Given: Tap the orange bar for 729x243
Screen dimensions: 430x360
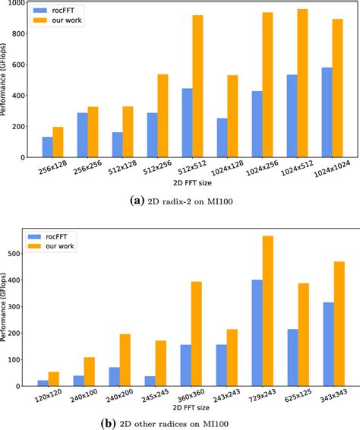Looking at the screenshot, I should [267, 311].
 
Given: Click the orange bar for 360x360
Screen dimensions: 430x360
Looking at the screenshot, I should [197, 334].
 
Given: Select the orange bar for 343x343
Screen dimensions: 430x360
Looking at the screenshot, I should [339, 324].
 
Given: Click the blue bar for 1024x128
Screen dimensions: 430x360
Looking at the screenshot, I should [222, 138].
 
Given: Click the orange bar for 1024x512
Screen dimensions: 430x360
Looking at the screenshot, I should [302, 83].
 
